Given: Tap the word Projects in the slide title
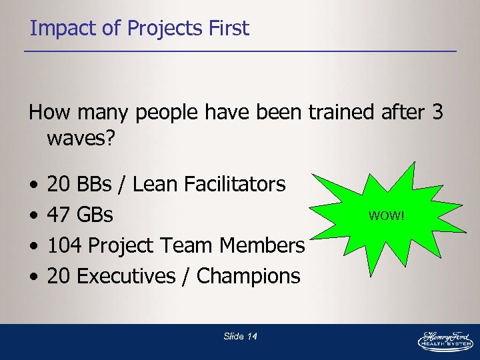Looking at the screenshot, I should pos(158,29).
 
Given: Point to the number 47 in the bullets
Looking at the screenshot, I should pos(58,215).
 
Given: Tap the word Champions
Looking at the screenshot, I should pos(249,276).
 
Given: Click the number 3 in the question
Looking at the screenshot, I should pos(437,113).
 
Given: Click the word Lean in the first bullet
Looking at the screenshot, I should pos(156,184).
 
